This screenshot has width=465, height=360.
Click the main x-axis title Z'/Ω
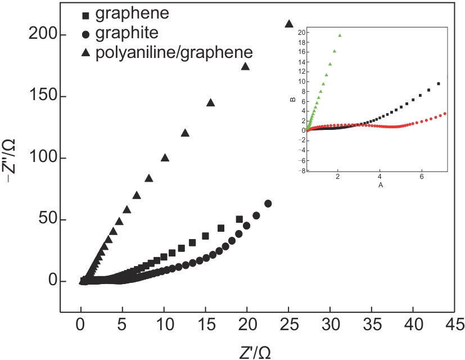[255, 352]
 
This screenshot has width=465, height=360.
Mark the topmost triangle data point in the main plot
[289, 24]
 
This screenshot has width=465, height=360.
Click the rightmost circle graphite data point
[268, 204]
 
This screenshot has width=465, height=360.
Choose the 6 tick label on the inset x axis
[422, 177]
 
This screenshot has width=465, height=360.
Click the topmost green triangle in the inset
[340, 35]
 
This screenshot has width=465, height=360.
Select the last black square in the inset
[438, 84]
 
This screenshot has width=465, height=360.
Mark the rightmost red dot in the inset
[445, 113]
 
